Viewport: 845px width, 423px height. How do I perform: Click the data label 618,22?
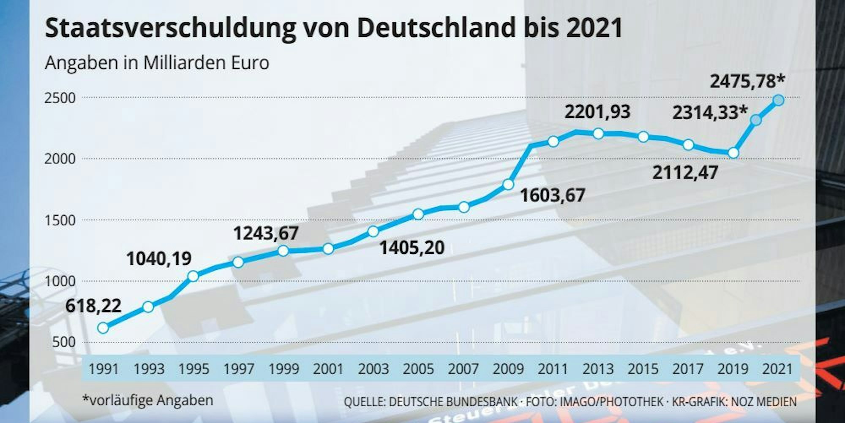click(93, 306)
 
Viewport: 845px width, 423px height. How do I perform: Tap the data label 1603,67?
click(552, 195)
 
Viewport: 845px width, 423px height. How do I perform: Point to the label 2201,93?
click(597, 112)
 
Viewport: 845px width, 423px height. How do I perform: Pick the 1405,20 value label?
click(412, 247)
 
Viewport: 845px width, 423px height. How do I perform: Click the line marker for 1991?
click(103, 328)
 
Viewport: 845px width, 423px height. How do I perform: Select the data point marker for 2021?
click(778, 100)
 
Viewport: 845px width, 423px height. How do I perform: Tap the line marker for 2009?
click(508, 184)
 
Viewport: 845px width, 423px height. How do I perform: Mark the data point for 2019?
click(733, 153)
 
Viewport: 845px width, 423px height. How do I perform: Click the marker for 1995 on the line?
click(193, 276)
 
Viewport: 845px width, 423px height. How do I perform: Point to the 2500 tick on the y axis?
click(60, 98)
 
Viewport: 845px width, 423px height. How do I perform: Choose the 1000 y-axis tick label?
click(60, 281)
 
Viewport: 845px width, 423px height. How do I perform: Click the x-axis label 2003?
click(373, 369)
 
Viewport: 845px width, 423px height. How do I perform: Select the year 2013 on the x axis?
click(598, 369)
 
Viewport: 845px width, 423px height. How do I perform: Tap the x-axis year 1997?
click(239, 369)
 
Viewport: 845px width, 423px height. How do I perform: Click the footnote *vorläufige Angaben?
click(148, 400)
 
